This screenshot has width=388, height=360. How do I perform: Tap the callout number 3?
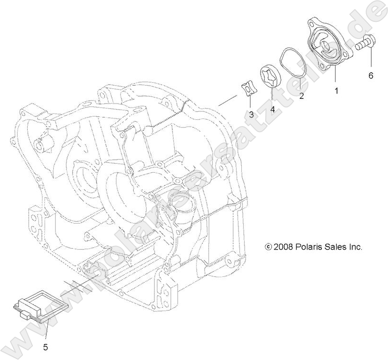[251, 114]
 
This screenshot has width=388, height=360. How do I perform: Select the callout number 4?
[272, 109]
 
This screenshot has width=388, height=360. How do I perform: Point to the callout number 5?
[46, 347]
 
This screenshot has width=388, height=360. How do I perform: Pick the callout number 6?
[370, 75]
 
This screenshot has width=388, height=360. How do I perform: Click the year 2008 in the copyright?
[283, 247]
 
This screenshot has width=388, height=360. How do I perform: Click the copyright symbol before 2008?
[268, 247]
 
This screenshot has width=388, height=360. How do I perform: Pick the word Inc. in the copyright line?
[356, 247]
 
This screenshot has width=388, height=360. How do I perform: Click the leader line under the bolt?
[370, 59]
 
